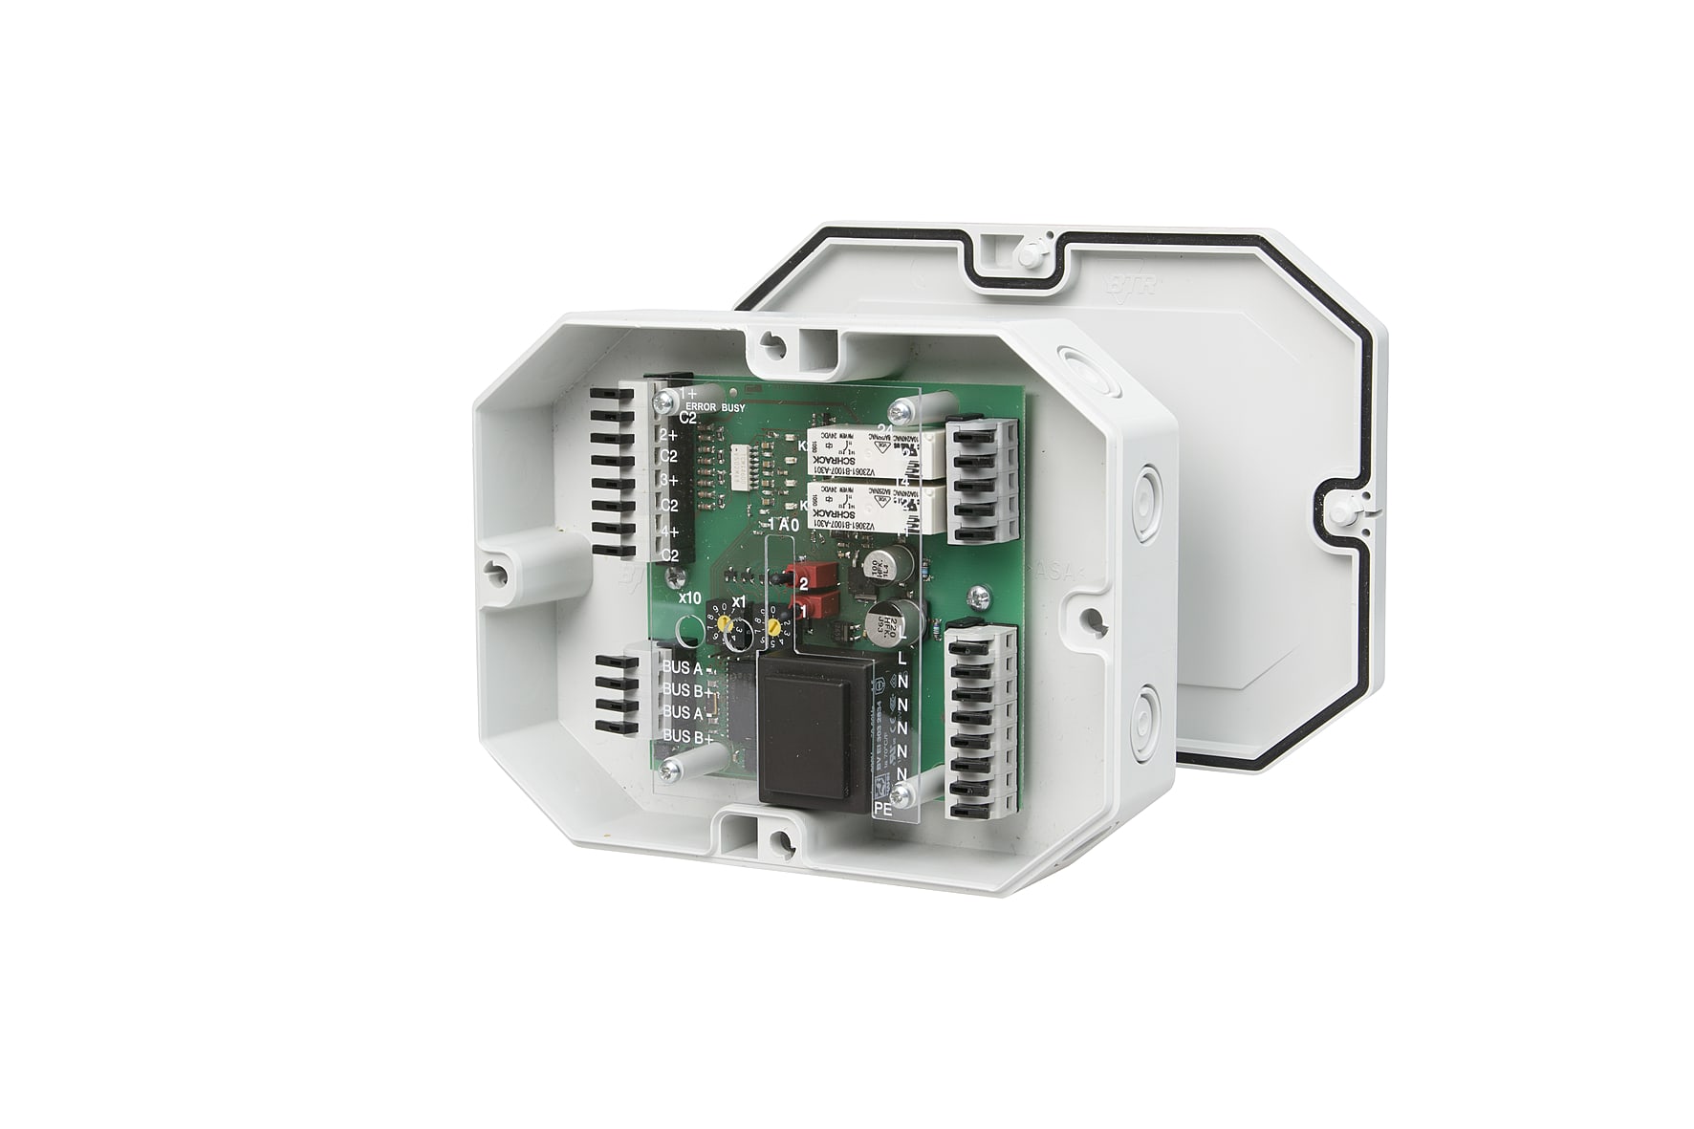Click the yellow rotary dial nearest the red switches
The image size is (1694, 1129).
point(772,626)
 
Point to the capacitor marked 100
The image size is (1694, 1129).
point(876,564)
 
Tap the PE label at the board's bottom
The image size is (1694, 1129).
point(884,808)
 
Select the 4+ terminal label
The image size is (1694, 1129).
point(669,532)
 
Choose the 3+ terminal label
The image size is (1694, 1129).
point(669,480)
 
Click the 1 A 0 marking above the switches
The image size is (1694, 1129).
point(783,525)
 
